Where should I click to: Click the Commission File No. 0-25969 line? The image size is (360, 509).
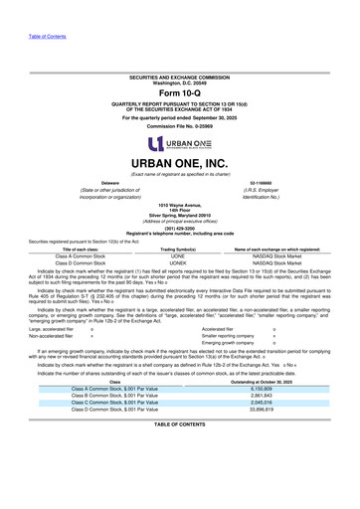(180, 126)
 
